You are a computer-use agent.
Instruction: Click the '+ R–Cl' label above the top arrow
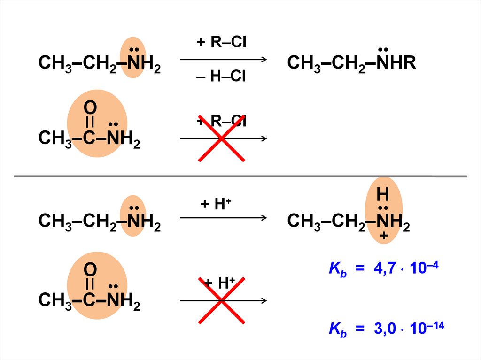(x=221, y=43)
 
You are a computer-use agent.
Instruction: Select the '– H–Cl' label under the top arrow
(x=221, y=76)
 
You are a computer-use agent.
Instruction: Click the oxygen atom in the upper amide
(x=90, y=108)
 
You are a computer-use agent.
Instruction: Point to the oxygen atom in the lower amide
(x=90, y=270)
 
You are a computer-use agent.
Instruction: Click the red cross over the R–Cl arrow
(x=221, y=138)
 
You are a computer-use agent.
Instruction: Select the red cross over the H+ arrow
(x=221, y=300)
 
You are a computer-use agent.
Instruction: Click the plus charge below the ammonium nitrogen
(x=384, y=237)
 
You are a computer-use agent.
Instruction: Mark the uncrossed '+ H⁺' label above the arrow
(x=217, y=205)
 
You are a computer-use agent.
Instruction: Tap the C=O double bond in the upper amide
(x=90, y=123)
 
